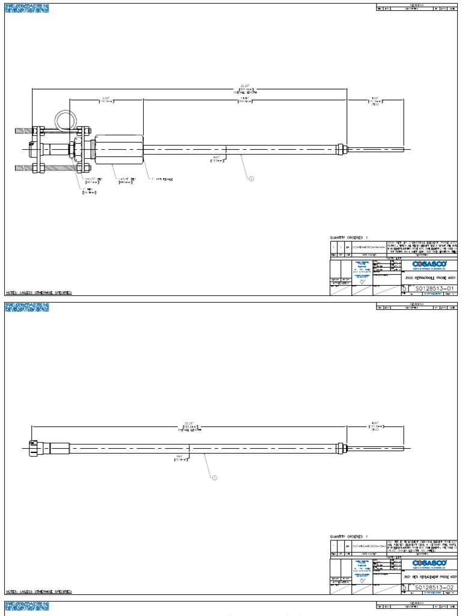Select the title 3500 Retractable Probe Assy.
(428, 279)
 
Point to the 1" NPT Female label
(161, 179)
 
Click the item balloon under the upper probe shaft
(251, 178)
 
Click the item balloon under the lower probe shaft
(214, 478)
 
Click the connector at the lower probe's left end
(34, 448)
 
